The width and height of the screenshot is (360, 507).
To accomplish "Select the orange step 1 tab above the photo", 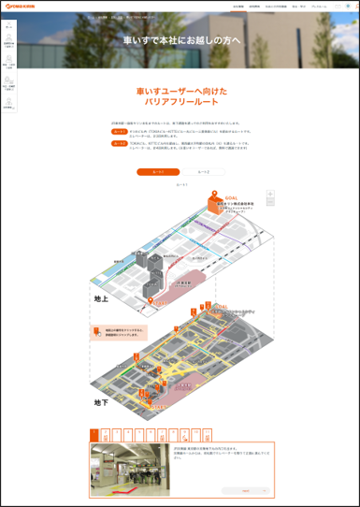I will point(94,435).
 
